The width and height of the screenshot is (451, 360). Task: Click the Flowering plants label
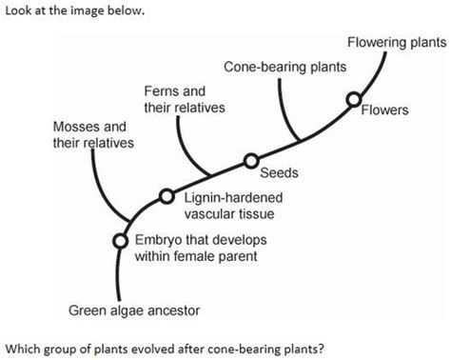(396, 44)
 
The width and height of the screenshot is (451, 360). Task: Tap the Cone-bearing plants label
(284, 69)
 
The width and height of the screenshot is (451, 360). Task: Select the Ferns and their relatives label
(184, 99)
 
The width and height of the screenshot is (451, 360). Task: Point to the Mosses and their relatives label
(92, 134)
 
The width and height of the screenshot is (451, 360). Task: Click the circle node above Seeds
(251, 161)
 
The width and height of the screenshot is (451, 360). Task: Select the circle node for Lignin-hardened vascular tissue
(167, 196)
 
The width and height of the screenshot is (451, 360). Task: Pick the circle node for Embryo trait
(120, 241)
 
